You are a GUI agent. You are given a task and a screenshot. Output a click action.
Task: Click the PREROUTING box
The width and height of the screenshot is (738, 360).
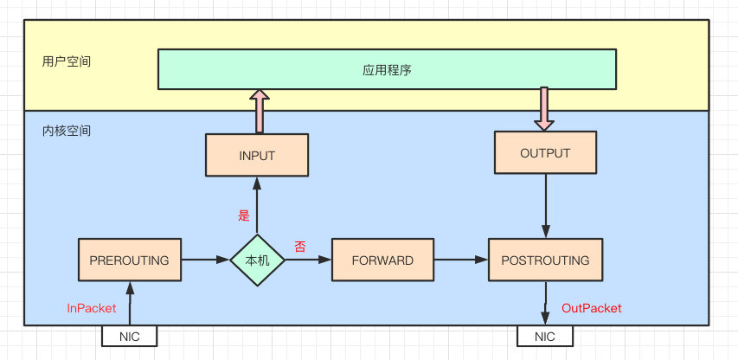click(x=130, y=260)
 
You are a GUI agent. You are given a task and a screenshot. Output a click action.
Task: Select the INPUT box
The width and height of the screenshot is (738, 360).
click(x=256, y=156)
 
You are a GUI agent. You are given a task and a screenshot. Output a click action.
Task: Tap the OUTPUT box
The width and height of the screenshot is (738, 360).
click(x=545, y=154)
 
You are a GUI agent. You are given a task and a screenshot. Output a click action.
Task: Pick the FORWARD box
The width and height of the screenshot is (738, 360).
click(x=382, y=260)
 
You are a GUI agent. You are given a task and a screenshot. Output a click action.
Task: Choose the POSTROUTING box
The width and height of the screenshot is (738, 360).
click(x=545, y=260)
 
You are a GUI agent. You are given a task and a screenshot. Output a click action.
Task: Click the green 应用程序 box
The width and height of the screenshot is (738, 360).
click(x=387, y=69)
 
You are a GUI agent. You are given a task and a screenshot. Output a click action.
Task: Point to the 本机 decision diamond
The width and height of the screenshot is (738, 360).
click(x=257, y=260)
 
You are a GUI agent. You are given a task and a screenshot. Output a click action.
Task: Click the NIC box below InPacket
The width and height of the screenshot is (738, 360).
click(x=130, y=336)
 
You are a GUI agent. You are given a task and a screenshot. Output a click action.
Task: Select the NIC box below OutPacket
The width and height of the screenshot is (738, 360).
click(x=545, y=336)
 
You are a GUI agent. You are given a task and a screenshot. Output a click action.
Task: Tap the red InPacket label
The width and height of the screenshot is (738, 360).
click(x=92, y=308)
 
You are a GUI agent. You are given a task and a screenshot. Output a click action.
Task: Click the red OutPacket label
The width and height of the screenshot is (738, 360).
click(x=592, y=308)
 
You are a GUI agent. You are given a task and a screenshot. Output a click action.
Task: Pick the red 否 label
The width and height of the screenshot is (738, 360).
click(x=300, y=247)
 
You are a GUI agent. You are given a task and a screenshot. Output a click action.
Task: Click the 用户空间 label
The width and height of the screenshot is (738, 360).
click(x=66, y=62)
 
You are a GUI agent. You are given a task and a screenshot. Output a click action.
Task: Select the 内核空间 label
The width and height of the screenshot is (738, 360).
click(x=66, y=132)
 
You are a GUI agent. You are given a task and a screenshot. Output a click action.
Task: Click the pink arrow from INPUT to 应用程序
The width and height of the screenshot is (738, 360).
click(x=258, y=111)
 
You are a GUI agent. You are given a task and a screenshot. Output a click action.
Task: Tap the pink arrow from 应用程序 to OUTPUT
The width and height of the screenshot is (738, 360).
click(x=543, y=109)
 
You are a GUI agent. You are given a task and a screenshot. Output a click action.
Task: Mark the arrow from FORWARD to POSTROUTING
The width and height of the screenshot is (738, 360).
click(x=461, y=260)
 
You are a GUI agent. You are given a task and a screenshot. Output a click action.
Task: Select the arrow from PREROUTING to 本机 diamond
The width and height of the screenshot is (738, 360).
click(x=206, y=260)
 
